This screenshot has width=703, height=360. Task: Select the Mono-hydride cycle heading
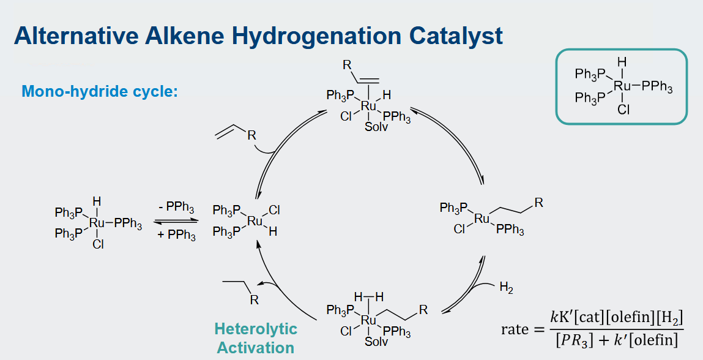[x=100, y=91]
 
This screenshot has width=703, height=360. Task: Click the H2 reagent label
[x=506, y=287]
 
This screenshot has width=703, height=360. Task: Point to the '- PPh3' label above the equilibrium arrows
[x=176, y=208]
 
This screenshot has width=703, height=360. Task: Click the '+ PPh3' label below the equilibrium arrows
[x=176, y=234]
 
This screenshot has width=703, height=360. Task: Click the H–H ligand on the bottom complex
[x=368, y=297]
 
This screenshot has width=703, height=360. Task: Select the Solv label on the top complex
[x=376, y=127]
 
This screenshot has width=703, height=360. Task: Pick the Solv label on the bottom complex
[x=376, y=342]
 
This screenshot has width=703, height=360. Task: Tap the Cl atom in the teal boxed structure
[x=623, y=109]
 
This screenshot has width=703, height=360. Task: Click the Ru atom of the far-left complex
[x=97, y=222]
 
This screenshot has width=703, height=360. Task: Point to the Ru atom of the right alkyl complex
[x=482, y=219]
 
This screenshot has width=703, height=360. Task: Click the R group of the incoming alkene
[x=251, y=135]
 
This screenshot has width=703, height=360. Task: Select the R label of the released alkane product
[x=254, y=299]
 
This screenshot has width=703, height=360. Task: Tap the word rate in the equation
[x=515, y=329]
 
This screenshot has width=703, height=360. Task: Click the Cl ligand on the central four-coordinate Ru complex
[x=274, y=210]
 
